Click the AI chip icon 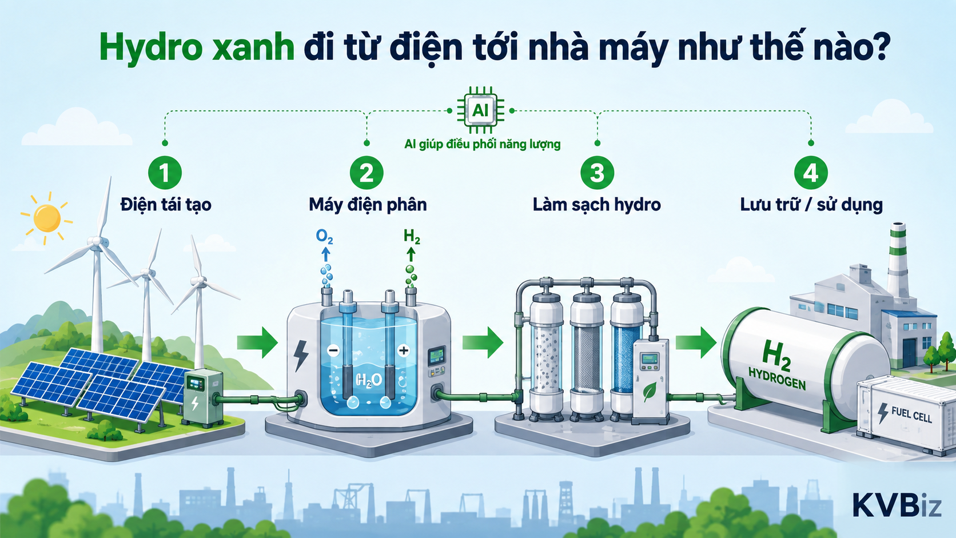(x=480, y=110)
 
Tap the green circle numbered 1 (x=165, y=173)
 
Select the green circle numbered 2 (x=367, y=173)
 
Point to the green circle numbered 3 (x=597, y=173)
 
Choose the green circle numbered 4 (x=811, y=173)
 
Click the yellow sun (x=46, y=218)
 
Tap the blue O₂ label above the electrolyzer (x=324, y=236)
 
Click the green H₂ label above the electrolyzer (x=412, y=236)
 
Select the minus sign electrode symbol (x=333, y=350)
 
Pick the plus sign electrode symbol (x=403, y=350)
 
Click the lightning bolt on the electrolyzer (x=301, y=355)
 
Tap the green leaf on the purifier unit (x=650, y=392)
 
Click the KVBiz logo (x=897, y=505)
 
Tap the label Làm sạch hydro (x=597, y=205)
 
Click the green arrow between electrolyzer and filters (x=483, y=342)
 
